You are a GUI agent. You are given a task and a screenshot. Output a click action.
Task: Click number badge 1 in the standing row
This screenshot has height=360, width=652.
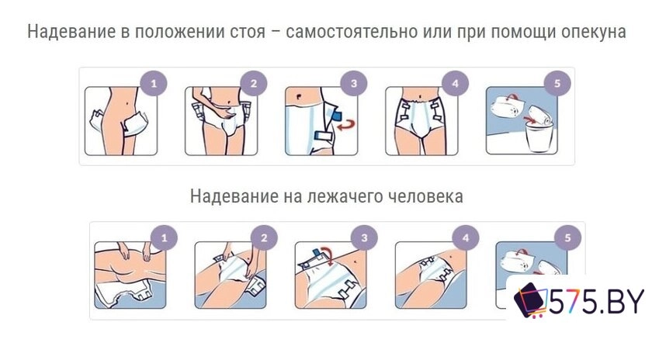(x=154, y=84)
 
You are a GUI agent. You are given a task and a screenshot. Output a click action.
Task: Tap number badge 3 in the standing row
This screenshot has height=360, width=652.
(x=354, y=84)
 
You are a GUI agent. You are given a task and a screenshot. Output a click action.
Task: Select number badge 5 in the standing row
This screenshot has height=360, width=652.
(x=557, y=84)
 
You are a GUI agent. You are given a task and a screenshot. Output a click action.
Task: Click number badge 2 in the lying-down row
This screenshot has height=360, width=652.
(x=264, y=238)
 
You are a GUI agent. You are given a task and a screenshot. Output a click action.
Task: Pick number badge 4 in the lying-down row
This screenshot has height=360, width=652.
(x=466, y=238)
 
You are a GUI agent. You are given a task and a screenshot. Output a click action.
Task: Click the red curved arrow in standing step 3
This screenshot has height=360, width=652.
(x=347, y=124)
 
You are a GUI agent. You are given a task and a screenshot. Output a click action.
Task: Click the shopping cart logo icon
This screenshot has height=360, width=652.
(x=531, y=300)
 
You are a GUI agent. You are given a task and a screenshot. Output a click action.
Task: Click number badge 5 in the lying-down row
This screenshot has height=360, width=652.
(x=567, y=238)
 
